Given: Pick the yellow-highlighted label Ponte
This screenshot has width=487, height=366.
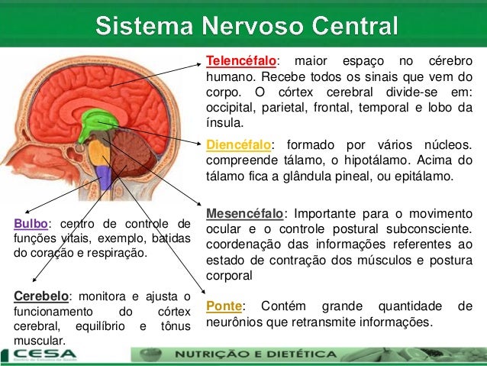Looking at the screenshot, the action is click(x=224, y=306).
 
